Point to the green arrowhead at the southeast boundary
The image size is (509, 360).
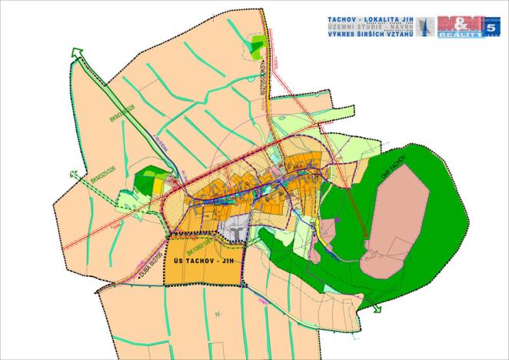(378, 309)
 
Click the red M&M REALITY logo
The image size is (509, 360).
(460, 26)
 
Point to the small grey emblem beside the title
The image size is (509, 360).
(426, 26)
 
